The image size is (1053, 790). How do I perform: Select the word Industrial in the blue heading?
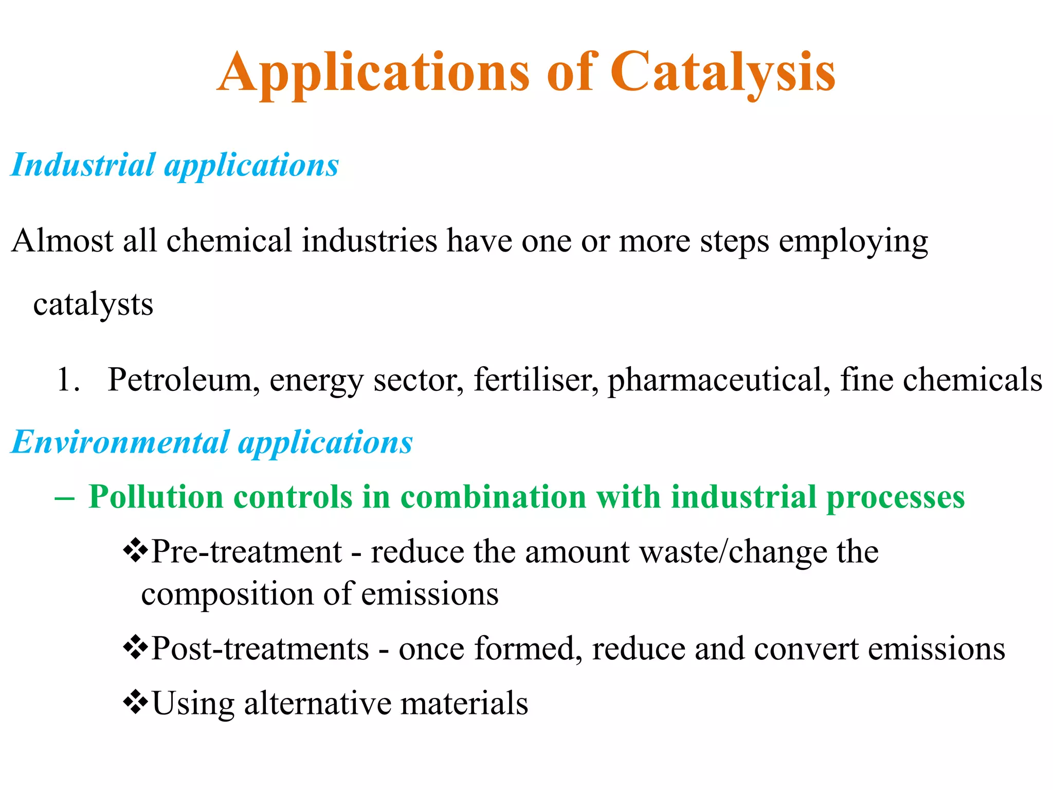pyautogui.click(x=83, y=165)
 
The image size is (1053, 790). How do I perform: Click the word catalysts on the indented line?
pyautogui.click(x=93, y=304)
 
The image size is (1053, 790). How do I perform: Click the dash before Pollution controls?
pyautogui.click(x=64, y=498)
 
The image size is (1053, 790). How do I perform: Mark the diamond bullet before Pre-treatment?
pyautogui.click(x=135, y=551)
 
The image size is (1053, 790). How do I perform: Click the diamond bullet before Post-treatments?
pyautogui.click(x=135, y=648)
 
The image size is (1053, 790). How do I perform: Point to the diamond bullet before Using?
pyautogui.click(x=135, y=702)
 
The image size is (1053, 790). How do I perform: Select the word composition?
pyautogui.click(x=227, y=595)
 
